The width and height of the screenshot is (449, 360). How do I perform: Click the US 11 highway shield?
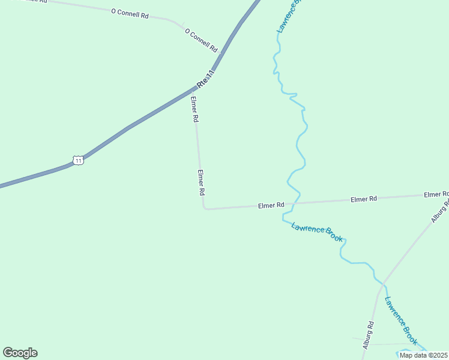(77, 160)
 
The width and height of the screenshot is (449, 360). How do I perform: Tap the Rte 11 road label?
(206, 79)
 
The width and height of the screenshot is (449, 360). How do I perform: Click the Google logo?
(20, 353)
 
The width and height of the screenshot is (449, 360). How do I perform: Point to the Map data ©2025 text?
(424, 355)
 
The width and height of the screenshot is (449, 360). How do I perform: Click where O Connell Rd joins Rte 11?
(221, 53)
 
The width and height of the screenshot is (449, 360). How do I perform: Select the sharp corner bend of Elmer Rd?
(205, 208)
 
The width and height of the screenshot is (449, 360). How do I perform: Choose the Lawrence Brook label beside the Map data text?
(400, 321)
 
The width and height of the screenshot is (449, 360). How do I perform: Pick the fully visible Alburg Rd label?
(369, 335)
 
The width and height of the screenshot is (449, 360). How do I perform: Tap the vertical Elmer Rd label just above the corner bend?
(202, 183)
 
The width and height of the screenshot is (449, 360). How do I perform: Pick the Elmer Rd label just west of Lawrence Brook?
(271, 205)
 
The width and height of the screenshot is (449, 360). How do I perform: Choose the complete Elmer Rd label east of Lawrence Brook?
(363, 199)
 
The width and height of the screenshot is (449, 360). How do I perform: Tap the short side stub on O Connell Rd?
(181, 25)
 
